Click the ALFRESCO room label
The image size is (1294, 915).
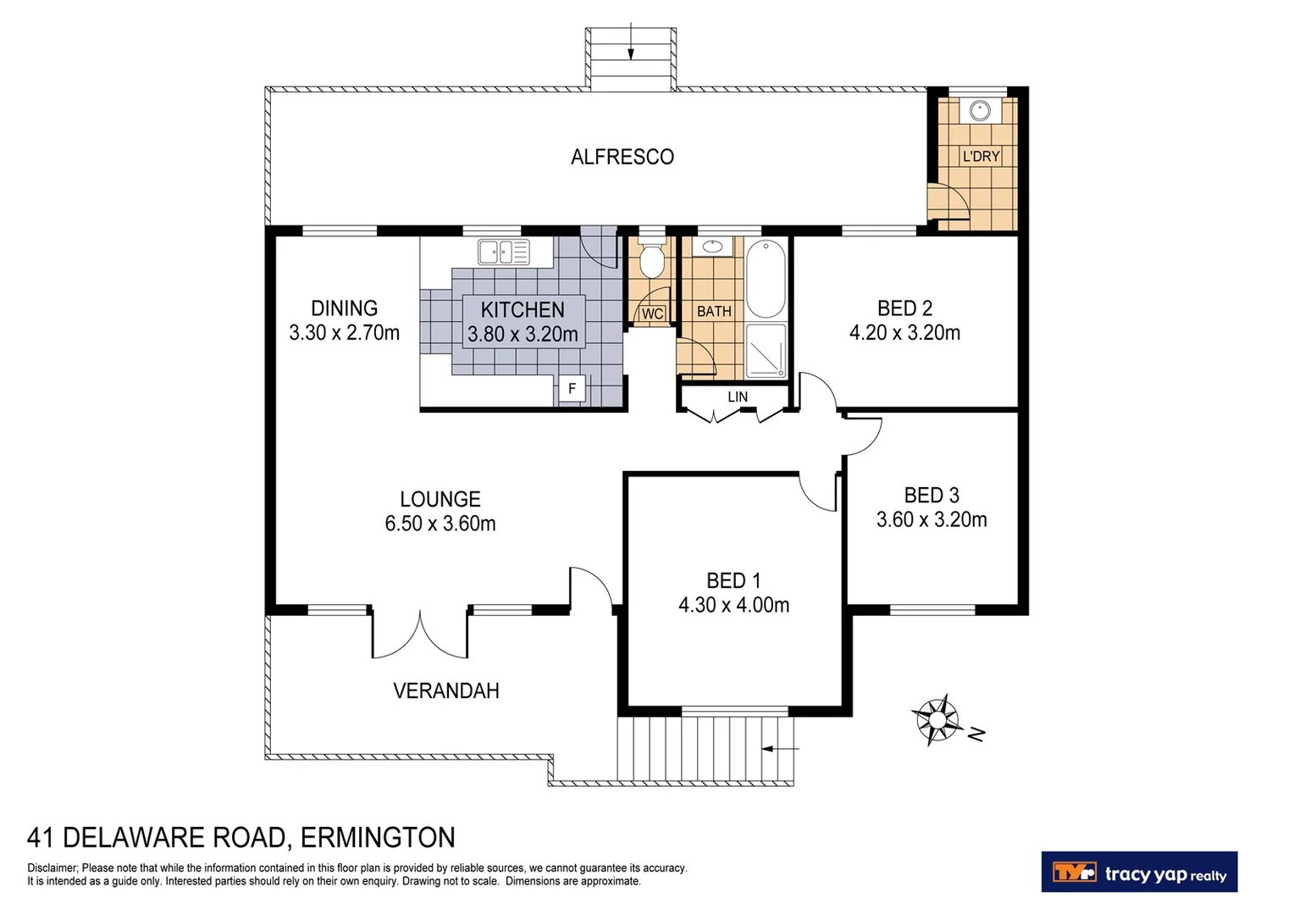[622, 157]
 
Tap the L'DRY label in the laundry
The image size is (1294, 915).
[981, 156]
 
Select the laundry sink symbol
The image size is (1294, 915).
[980, 110]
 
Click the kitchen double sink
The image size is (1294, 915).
[503, 252]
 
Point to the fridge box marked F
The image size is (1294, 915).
[572, 389]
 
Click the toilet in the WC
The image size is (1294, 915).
[651, 259]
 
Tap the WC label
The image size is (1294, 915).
[652, 313]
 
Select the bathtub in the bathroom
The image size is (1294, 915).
[766, 279]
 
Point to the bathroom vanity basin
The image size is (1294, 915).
[711, 247]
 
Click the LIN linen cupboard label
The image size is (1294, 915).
[737, 396]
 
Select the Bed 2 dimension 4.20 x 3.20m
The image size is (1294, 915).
[904, 333]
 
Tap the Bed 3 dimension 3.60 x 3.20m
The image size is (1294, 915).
[932, 519]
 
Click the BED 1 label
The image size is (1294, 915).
[733, 580]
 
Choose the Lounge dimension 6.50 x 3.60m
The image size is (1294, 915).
[440, 524]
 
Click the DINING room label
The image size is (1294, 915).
[344, 308]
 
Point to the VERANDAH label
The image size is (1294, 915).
[445, 690]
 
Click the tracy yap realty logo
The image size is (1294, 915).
[1139, 872]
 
